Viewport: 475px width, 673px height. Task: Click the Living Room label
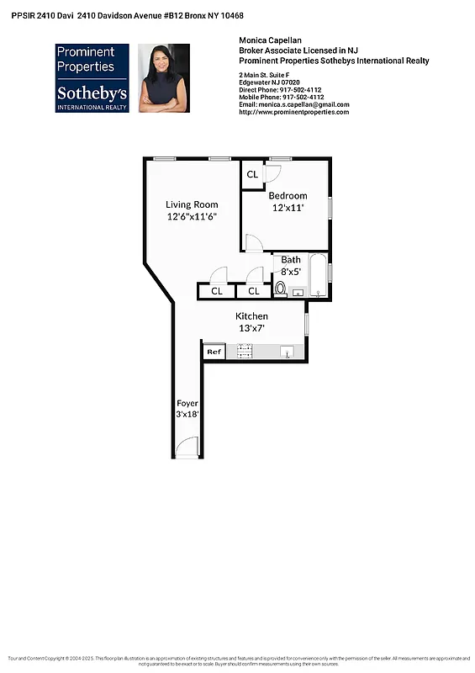pyautogui.click(x=192, y=204)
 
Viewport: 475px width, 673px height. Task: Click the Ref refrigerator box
pyautogui.click(x=214, y=352)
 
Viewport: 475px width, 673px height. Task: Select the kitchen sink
pyautogui.click(x=287, y=352)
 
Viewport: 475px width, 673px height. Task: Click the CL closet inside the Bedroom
pyautogui.click(x=252, y=175)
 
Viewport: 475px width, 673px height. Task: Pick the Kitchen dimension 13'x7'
pyautogui.click(x=251, y=328)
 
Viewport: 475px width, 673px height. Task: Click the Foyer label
pyautogui.click(x=187, y=404)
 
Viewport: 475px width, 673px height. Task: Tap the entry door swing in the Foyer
pyautogui.click(x=189, y=448)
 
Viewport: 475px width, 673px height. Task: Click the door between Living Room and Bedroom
pyautogui.click(x=253, y=243)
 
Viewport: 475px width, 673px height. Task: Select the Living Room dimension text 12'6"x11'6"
pyautogui.click(x=192, y=216)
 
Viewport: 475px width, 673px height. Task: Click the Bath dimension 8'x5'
pyautogui.click(x=291, y=272)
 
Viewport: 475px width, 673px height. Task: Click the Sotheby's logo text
pyautogui.click(x=92, y=93)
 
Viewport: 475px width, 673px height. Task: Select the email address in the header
pyautogui.click(x=294, y=104)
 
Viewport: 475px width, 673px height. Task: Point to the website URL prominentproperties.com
pyautogui.click(x=294, y=112)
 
